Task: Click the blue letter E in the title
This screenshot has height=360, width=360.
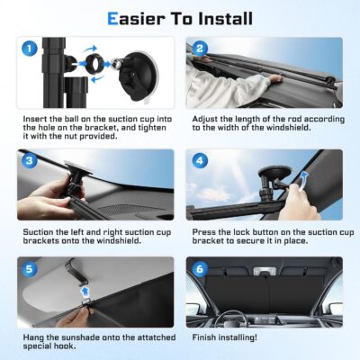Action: [x=113, y=17]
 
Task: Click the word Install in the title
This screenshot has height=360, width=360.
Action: [x=220, y=17]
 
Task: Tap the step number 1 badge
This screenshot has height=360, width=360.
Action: [x=30, y=49]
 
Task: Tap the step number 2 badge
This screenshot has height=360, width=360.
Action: [x=200, y=49]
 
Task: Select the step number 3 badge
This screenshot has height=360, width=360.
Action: [x=30, y=161]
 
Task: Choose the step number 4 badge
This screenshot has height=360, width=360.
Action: [x=200, y=161]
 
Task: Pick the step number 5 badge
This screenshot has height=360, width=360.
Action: [x=30, y=268]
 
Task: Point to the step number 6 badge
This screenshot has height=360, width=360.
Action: [x=200, y=268]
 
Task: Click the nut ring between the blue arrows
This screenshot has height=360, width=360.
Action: [x=96, y=67]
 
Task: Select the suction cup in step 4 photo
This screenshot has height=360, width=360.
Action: [x=267, y=177]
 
